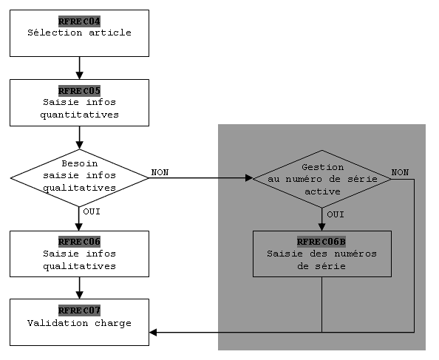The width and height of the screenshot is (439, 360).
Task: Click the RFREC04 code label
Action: tap(79, 21)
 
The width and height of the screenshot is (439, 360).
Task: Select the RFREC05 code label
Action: tap(79, 91)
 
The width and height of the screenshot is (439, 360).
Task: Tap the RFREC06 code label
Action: tap(79, 242)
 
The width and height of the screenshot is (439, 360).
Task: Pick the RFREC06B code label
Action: tap(321, 242)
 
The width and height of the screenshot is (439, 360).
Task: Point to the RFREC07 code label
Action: tap(79, 310)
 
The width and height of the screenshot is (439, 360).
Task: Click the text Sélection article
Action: tap(79, 33)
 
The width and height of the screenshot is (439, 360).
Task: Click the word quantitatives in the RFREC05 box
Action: tap(79, 115)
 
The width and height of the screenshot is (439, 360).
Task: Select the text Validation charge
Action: tap(79, 323)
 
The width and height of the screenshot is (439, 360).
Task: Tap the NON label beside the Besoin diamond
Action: tap(160, 172)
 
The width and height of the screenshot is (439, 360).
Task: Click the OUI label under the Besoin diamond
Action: tap(92, 211)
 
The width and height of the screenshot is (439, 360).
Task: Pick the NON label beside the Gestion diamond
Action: tap(400, 172)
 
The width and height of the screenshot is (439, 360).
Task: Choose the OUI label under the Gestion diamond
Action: tap(336, 214)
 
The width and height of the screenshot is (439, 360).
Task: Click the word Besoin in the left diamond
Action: tap(80, 163)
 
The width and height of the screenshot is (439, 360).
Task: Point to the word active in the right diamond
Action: tap(322, 191)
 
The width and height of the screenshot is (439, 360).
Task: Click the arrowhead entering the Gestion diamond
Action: tap(249, 177)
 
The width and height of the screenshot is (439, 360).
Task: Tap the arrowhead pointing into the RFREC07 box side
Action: tap(153, 333)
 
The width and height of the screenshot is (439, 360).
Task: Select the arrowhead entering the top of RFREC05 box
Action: tap(80, 75)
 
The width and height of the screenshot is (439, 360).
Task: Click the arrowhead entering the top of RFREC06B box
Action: tap(322, 227)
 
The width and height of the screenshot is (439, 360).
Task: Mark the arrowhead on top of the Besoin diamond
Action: tap(80, 146)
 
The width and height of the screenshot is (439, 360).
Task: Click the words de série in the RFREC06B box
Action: tap(321, 266)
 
